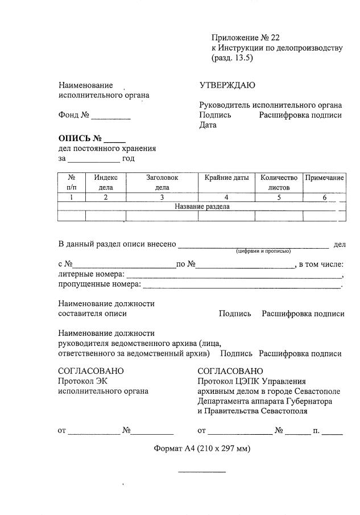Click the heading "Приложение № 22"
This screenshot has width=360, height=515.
point(245,38)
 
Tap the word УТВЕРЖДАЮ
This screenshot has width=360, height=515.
point(227,85)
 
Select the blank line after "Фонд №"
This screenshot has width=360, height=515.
point(111,118)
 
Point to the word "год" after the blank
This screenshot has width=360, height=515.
point(128,159)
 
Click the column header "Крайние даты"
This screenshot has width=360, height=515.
point(226,178)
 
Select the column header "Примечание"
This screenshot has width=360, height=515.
point(324,178)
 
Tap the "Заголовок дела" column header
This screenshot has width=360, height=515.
point(162,182)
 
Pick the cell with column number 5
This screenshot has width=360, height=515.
point(279,197)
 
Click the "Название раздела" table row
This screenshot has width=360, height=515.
point(202,207)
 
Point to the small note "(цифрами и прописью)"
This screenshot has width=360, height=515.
point(263,251)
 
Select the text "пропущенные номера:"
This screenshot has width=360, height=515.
point(99,284)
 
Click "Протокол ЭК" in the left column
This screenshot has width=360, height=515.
point(82,381)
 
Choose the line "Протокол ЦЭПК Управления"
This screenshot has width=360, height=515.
point(251,381)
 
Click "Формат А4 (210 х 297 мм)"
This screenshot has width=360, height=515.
point(202,448)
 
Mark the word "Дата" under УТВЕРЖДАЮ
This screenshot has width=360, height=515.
point(208,125)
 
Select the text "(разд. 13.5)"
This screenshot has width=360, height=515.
point(232,58)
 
